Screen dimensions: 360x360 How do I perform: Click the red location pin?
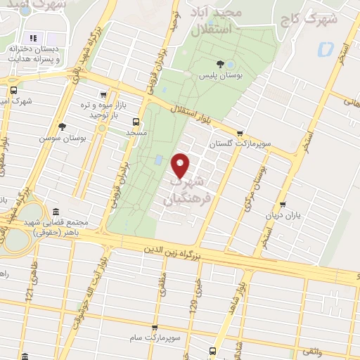pos(181,165)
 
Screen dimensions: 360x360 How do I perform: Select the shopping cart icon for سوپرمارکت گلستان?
pos(240,132)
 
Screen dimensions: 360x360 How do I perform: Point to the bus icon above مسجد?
pos(136,120)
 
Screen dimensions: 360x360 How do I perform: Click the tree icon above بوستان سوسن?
pos(62,127)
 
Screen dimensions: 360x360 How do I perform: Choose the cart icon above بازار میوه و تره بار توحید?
pos(104,95)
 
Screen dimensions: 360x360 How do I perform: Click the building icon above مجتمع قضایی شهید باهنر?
pos(56,211)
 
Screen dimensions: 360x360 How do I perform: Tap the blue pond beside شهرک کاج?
pos(326,50)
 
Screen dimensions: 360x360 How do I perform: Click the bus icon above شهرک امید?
pos(14,90)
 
